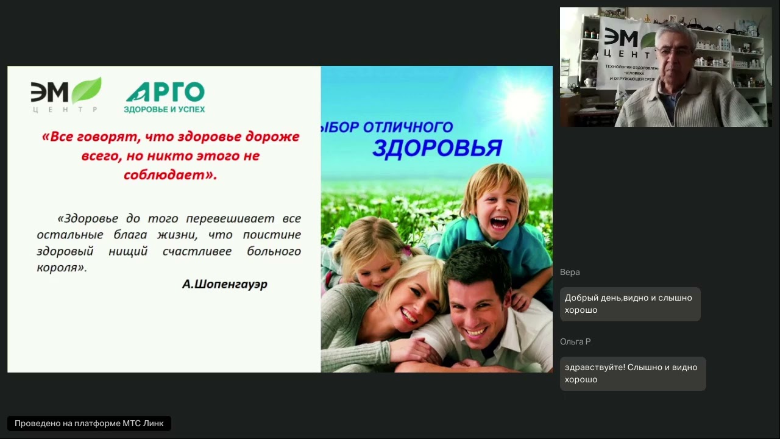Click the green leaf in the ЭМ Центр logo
pos(87,90)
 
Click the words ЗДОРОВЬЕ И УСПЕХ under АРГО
pos(165,109)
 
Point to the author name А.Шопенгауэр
pos(224,284)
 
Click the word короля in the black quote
pos(60,268)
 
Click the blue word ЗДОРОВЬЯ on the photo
pos(437,148)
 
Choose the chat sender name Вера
pos(570,272)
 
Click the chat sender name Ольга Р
pos(575,341)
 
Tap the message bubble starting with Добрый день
pos(629,304)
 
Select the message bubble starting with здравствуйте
pos(632,373)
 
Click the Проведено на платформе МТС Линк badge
pos(89,424)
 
